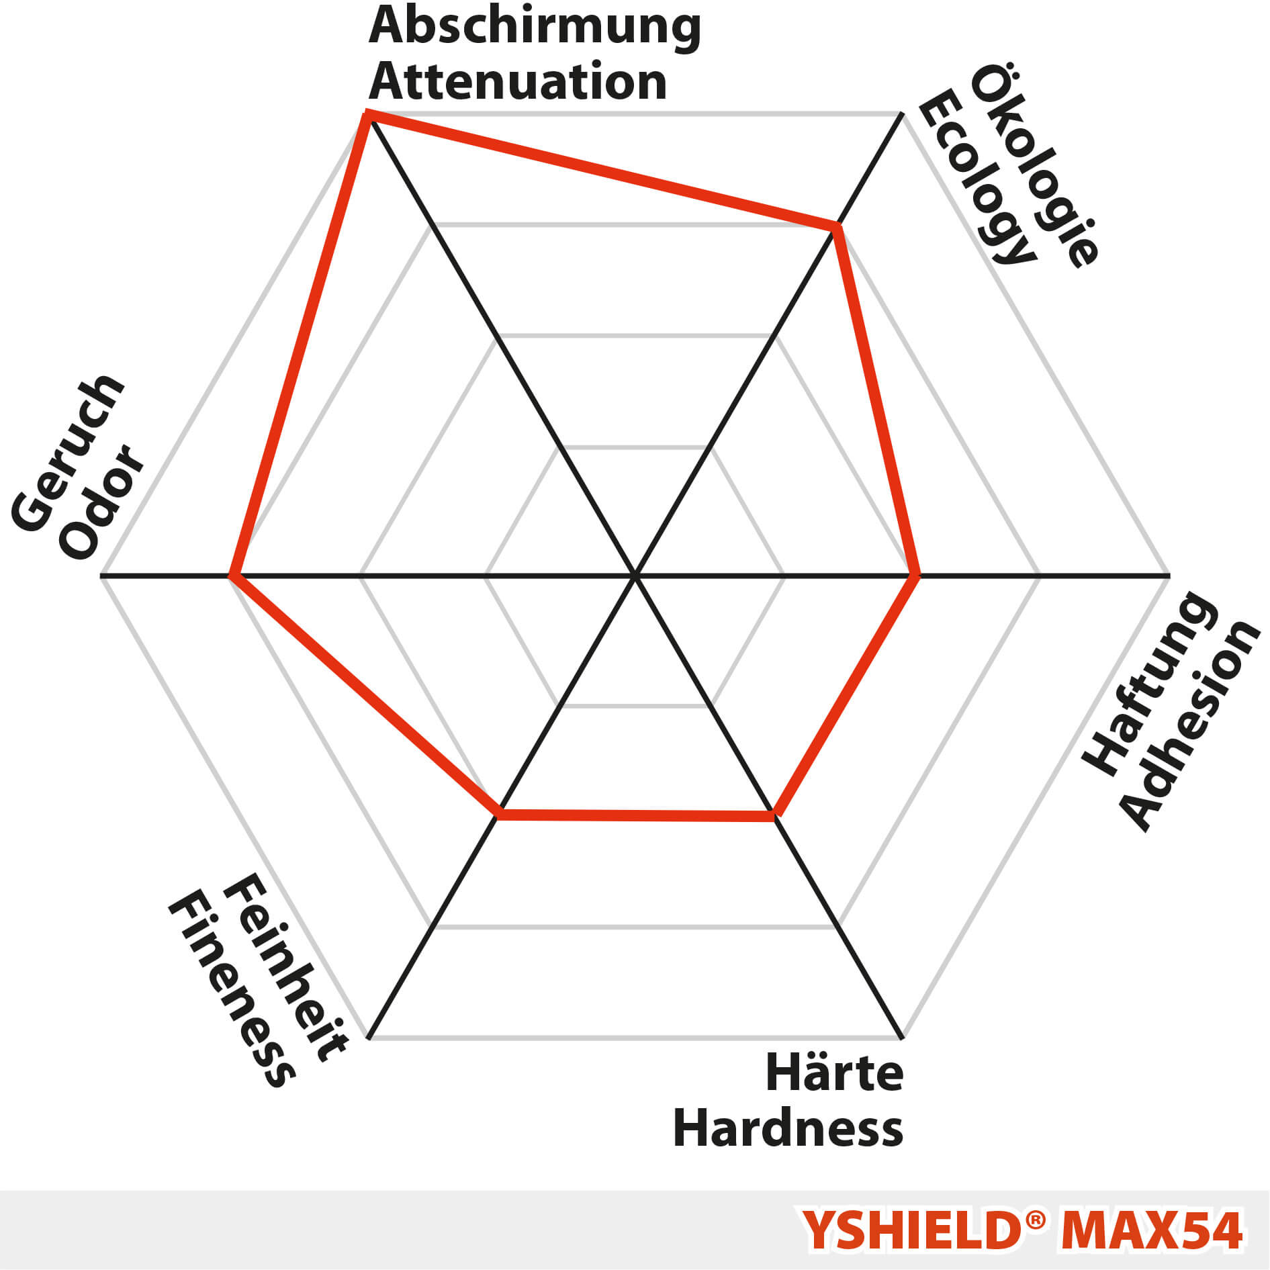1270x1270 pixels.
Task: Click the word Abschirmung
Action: [x=535, y=27]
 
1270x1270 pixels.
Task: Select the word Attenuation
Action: [x=518, y=82]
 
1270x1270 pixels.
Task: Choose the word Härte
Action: [x=834, y=1073]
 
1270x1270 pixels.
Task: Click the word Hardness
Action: [x=788, y=1129]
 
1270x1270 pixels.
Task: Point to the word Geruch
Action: [x=68, y=454]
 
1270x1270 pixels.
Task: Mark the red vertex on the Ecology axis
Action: [x=837, y=227]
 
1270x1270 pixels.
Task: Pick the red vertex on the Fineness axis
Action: [x=498, y=814]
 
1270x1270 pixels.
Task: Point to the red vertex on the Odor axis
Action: [x=232, y=576]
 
